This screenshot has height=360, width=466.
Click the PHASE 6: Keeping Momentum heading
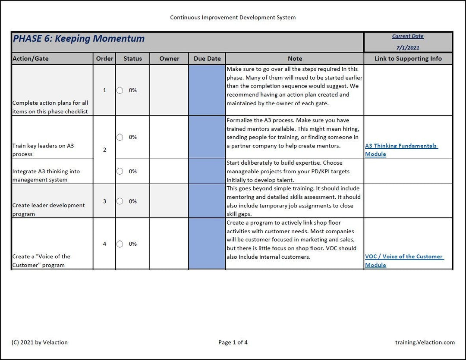tap(79, 38)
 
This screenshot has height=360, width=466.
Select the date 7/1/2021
tap(408, 48)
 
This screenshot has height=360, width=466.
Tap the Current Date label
tap(408, 36)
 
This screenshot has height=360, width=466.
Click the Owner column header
tap(169, 59)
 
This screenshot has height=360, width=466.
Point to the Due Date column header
tap(207, 59)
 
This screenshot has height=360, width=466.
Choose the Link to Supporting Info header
tap(408, 59)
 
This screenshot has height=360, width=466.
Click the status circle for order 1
tap(120, 90)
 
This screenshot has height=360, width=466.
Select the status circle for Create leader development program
tap(120, 201)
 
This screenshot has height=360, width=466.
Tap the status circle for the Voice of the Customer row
tap(120, 244)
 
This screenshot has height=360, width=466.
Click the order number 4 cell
tap(104, 244)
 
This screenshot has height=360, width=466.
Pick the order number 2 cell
tap(104, 150)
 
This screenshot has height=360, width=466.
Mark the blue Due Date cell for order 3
tap(207, 201)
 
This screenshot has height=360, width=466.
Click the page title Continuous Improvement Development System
tap(233, 18)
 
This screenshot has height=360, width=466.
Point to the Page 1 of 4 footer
tap(233, 342)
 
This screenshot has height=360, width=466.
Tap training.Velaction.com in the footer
tap(425, 342)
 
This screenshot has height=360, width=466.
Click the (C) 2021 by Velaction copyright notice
tap(40, 342)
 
